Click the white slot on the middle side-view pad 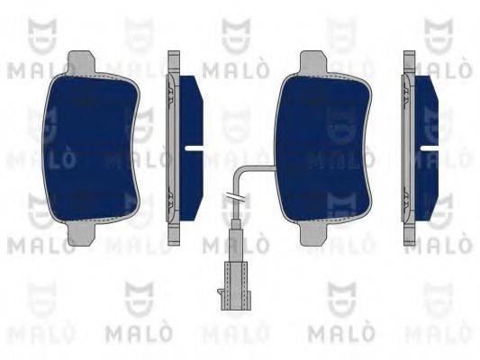(x=193, y=146)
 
